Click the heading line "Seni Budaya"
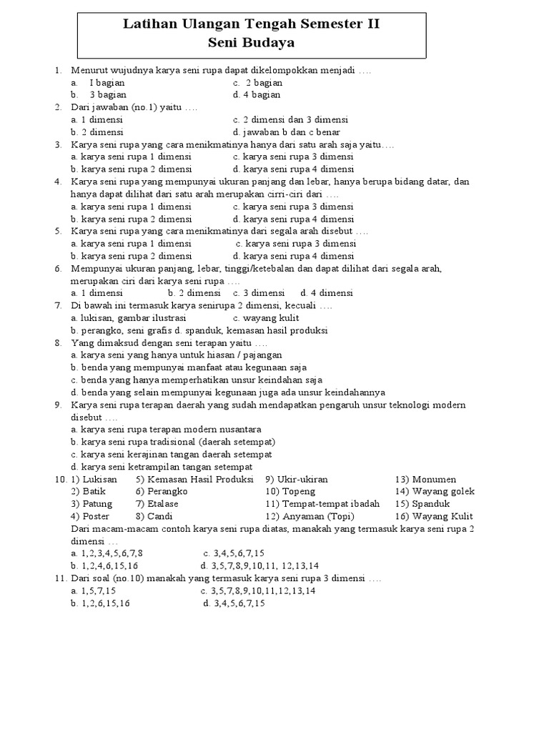[251, 43]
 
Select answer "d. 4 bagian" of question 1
[256, 94]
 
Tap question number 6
[57, 268]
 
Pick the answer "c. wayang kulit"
[266, 318]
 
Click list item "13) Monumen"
[425, 479]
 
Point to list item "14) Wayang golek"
[435, 492]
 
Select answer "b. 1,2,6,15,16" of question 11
[100, 603]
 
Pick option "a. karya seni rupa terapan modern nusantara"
[166, 430]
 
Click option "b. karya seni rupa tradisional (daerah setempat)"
[173, 442]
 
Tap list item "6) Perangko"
[161, 492]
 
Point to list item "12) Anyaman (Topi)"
[310, 516]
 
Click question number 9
[57, 405]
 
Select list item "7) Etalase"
[157, 504]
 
